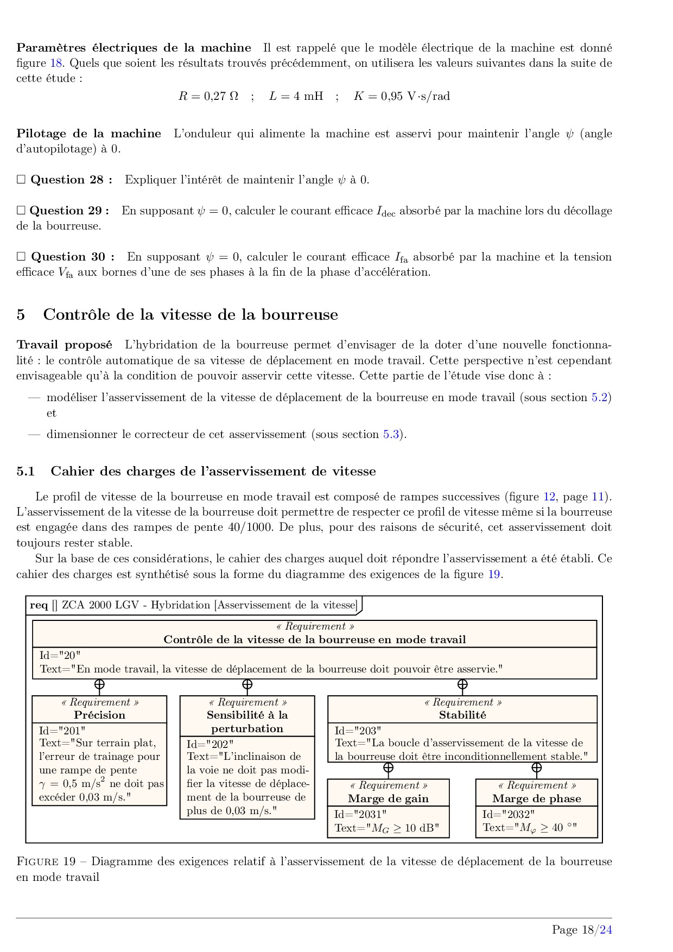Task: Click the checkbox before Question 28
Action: pyautogui.click(x=21, y=180)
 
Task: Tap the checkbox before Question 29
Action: pyautogui.click(x=21, y=211)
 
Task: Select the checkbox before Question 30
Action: pyautogui.click(x=21, y=257)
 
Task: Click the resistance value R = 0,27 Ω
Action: pyautogui.click(x=208, y=97)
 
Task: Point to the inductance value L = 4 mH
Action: pyautogui.click(x=296, y=97)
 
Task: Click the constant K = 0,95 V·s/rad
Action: pyautogui.click(x=402, y=97)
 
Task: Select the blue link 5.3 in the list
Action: pyautogui.click(x=391, y=434)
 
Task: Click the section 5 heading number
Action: pyautogui.click(x=21, y=315)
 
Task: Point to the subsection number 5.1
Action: pyautogui.click(x=26, y=471)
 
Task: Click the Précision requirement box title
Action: pyautogui.click(x=99, y=715)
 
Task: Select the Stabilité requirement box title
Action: pyautogui.click(x=462, y=715)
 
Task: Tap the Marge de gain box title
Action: pyautogui.click(x=388, y=798)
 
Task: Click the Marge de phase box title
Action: pyautogui.click(x=536, y=798)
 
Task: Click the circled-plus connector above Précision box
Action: pyautogui.click(x=99, y=684)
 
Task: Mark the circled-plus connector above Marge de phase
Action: pyautogui.click(x=536, y=767)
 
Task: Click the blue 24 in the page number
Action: pyautogui.click(x=606, y=930)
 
